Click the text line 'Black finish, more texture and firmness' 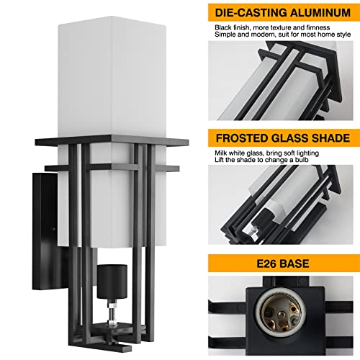click(x=267, y=27)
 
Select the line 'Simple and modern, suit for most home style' click(x=276, y=36)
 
